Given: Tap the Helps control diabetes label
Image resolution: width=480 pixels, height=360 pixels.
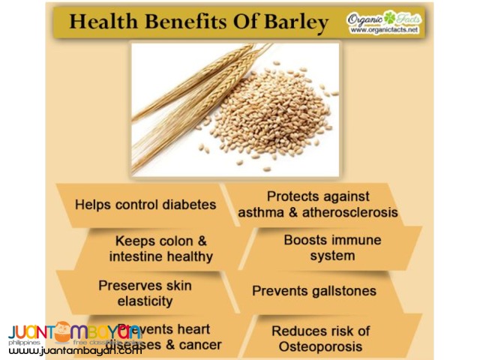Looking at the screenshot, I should (145, 204).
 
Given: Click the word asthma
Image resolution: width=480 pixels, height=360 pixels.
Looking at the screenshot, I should (263, 212).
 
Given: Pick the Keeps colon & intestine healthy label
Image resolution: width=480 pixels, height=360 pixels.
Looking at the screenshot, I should (160, 248).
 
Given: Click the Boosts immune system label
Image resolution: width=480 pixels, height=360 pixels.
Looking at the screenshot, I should (332, 247).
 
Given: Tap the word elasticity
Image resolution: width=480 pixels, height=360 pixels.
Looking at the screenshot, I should (135, 301).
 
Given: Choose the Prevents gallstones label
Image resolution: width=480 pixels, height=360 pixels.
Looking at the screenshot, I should (313, 290).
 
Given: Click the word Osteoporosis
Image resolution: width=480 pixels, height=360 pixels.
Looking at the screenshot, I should (321, 346).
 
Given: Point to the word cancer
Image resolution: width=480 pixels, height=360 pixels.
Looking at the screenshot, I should (196, 345).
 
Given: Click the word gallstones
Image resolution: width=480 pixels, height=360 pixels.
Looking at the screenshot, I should (342, 290).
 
